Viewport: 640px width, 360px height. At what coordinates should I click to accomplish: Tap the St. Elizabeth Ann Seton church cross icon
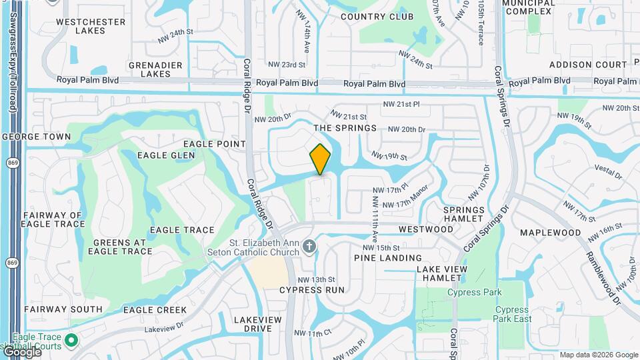(x=308, y=247)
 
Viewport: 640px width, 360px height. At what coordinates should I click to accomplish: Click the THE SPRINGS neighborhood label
(x=345, y=127)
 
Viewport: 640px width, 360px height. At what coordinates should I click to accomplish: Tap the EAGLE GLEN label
(x=166, y=155)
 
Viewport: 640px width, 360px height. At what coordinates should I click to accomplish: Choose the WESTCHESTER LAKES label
(x=91, y=26)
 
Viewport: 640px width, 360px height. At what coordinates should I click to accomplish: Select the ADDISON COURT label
(x=588, y=65)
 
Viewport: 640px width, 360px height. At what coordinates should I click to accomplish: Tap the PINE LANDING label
(x=388, y=257)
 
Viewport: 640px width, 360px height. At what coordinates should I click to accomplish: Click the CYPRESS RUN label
(x=312, y=290)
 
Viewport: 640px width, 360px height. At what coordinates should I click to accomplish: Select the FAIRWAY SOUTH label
(x=63, y=309)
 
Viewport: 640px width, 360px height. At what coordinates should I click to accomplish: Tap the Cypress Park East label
(x=513, y=314)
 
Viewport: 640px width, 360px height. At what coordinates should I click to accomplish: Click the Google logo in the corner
(x=21, y=353)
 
